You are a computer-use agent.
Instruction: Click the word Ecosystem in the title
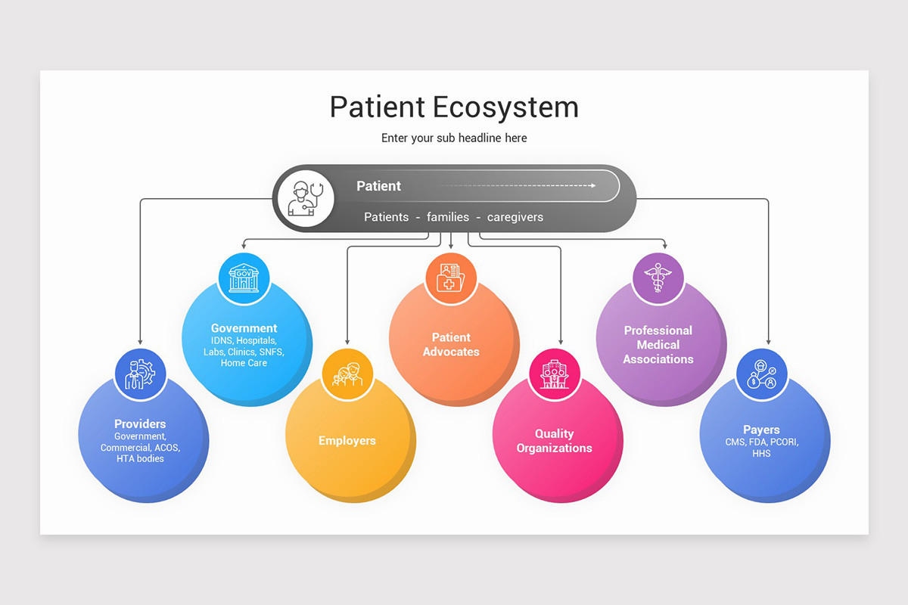click(506, 107)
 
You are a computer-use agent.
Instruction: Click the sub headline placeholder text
click(454, 138)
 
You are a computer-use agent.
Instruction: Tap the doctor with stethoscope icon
click(306, 198)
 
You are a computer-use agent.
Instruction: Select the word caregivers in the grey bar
click(515, 217)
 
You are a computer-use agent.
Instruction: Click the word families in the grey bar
click(448, 217)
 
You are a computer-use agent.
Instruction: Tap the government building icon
click(244, 278)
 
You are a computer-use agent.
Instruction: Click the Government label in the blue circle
click(244, 328)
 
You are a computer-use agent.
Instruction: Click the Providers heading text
click(140, 424)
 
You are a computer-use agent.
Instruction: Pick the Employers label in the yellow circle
click(347, 441)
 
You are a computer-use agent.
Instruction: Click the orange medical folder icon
click(451, 278)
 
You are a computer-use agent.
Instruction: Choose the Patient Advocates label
click(451, 344)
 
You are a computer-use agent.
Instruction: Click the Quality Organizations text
click(555, 441)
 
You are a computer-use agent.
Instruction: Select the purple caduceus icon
click(658, 278)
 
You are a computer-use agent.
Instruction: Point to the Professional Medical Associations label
click(658, 344)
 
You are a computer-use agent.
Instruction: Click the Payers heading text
click(761, 430)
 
